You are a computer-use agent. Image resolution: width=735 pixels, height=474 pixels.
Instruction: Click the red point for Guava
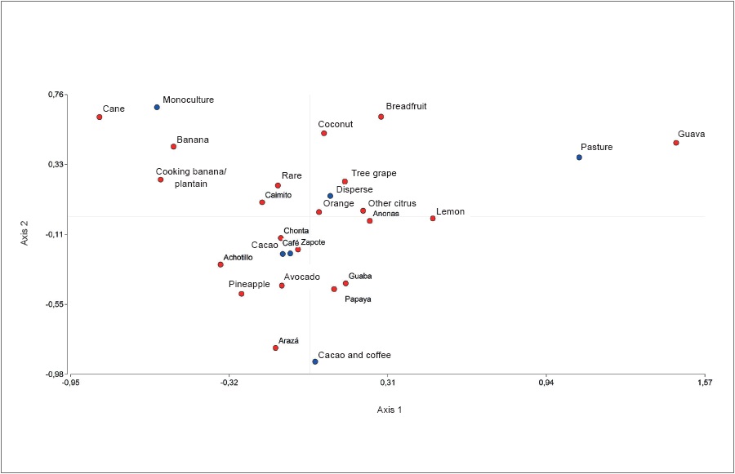click(x=676, y=143)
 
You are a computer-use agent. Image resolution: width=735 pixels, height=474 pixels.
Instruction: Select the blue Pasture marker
click(x=579, y=157)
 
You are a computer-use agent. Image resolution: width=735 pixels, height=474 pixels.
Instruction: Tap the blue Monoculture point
click(x=157, y=107)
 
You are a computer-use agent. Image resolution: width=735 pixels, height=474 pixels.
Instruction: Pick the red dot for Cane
click(x=100, y=117)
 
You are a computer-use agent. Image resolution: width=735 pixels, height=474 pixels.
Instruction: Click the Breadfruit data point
click(x=381, y=117)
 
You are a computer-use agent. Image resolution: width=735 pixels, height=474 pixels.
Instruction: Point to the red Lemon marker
click(x=433, y=219)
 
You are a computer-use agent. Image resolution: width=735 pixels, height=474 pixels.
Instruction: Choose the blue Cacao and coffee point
click(x=314, y=361)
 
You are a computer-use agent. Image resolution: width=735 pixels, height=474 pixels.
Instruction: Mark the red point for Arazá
click(x=275, y=348)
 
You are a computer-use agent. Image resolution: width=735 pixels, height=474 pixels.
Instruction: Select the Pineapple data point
click(x=241, y=294)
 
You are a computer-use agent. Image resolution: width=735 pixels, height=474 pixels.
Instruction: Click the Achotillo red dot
click(x=220, y=264)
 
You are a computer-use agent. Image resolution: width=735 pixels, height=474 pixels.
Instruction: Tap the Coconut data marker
click(x=323, y=133)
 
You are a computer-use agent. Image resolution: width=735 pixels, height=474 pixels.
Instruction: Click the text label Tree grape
click(x=373, y=173)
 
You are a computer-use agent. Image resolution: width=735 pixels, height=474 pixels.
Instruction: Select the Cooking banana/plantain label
click(x=191, y=178)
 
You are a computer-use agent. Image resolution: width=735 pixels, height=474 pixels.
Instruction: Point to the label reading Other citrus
click(x=392, y=203)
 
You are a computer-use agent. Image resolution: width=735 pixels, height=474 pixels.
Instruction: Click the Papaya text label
click(x=358, y=299)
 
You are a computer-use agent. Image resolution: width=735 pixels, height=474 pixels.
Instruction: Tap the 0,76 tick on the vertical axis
click(x=56, y=95)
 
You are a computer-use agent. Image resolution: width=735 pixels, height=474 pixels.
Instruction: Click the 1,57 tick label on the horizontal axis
click(x=705, y=382)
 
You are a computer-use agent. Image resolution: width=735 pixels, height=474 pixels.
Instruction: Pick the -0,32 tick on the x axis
click(x=229, y=382)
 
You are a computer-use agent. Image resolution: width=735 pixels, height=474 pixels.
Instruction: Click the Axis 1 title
click(x=389, y=410)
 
